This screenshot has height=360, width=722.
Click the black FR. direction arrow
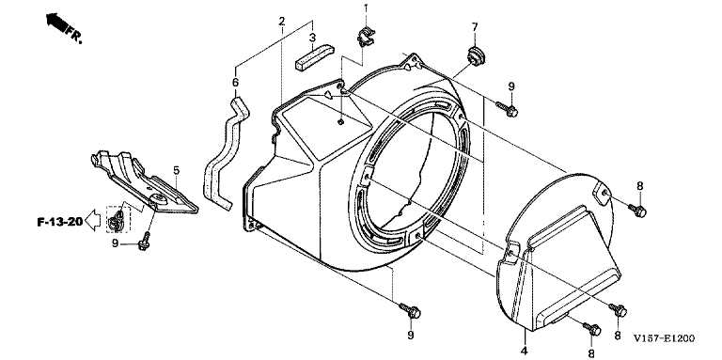pos(55,23)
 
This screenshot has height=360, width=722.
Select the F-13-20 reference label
pos(60,223)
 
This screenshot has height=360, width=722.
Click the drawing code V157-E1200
pos(664,338)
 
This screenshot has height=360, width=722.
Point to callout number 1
pos(366,8)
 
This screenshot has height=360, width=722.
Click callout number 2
pos(282,22)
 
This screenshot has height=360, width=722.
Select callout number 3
pos(312,38)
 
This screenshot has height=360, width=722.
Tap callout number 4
pos(524,351)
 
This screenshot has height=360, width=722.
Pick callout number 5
pos(177,170)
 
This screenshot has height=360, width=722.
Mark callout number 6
pos(235,83)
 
